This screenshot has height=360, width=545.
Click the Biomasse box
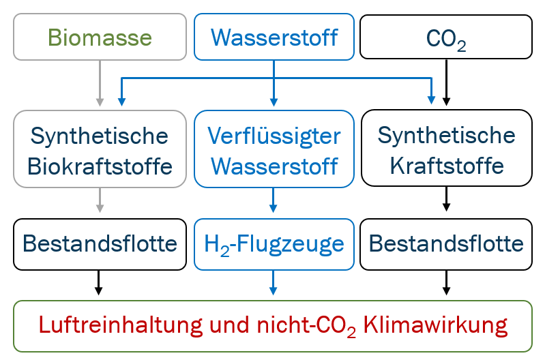pyautogui.click(x=100, y=36)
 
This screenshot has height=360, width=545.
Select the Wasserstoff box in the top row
pyautogui.click(x=274, y=36)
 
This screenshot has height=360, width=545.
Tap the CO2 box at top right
pyautogui.click(x=445, y=36)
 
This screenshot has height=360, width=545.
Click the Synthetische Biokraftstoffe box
pyautogui.click(x=100, y=149)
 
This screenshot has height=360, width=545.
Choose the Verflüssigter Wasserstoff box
pyautogui.click(x=274, y=149)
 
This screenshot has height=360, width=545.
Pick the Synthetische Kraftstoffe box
pyautogui.click(x=445, y=149)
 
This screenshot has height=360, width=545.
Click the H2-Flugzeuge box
pyautogui.click(x=274, y=243)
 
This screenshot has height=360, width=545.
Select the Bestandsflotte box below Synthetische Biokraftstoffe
pyautogui.click(x=100, y=243)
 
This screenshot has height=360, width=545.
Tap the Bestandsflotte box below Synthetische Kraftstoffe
pyautogui.click(x=445, y=243)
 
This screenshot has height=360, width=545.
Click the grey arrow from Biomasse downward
pyautogui.click(x=100, y=82)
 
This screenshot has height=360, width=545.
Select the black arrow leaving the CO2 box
pyautogui.click(x=446, y=82)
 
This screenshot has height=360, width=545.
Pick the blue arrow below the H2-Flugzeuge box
pyautogui.click(x=274, y=282)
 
